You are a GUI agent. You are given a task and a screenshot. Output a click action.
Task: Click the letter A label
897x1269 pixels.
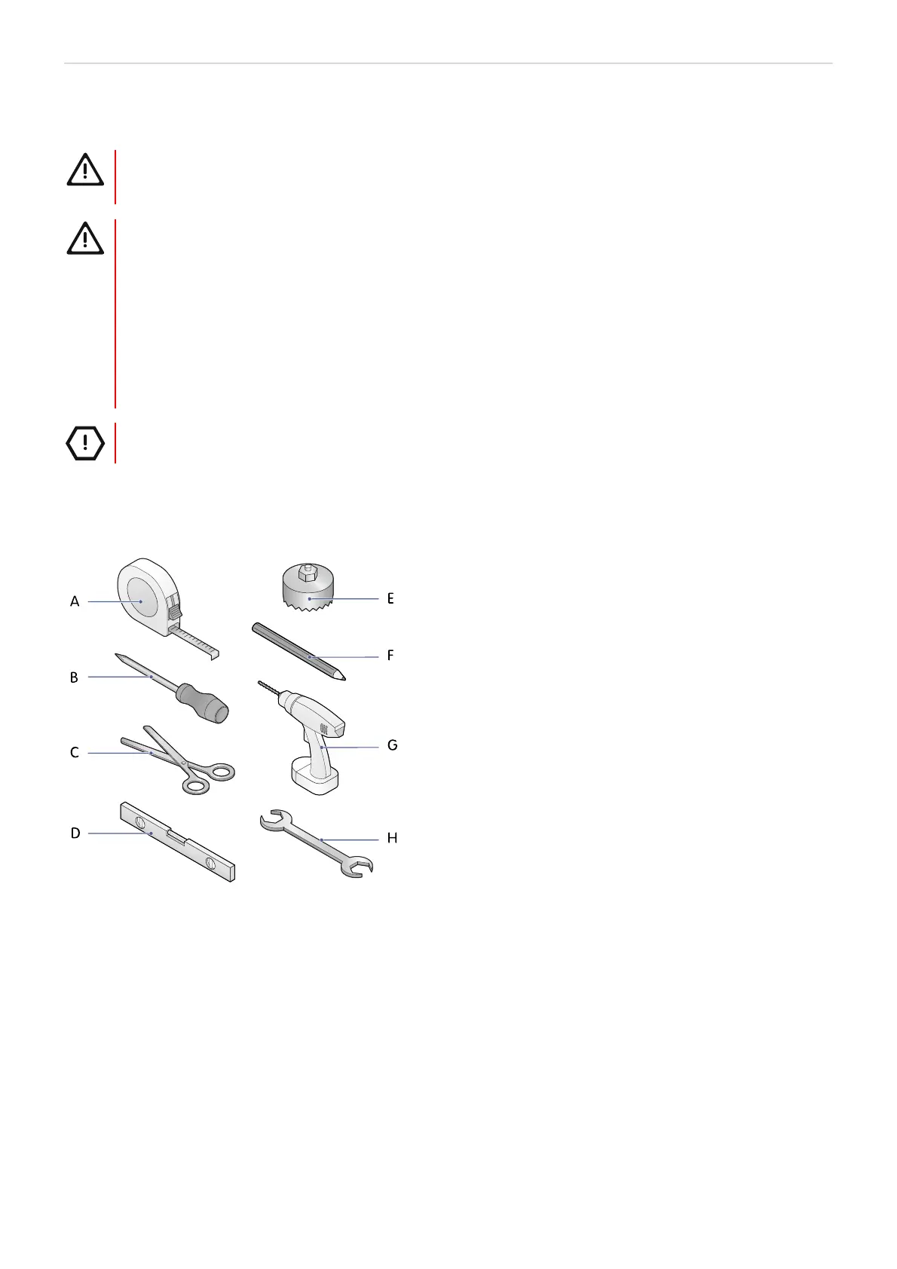[x=74, y=601]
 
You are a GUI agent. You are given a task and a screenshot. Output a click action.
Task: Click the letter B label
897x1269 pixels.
[x=74, y=677]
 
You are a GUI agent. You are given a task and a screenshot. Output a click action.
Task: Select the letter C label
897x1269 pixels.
[x=74, y=752]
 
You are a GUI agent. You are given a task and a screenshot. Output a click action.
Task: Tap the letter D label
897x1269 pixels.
[x=75, y=833]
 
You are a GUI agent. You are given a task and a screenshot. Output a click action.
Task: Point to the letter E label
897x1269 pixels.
[x=390, y=598]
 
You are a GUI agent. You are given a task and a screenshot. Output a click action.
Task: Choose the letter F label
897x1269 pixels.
[x=390, y=656]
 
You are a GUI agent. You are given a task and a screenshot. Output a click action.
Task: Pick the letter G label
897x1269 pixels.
[x=392, y=745]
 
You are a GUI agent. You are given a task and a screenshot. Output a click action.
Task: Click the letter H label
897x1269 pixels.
[x=392, y=838]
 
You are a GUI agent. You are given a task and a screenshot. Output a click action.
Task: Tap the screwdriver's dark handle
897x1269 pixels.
[x=202, y=704]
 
